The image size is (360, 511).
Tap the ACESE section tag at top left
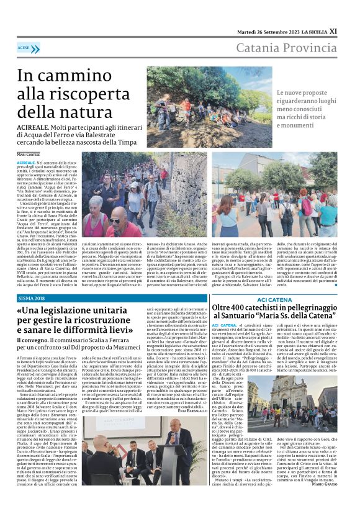coord(25,47)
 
